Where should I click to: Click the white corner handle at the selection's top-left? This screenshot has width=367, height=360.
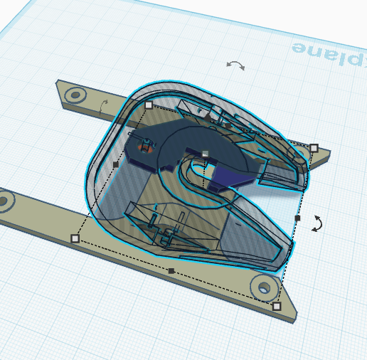click(148, 105)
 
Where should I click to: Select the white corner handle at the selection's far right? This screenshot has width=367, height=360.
click(314, 148)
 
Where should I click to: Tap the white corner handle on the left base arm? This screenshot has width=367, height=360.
click(75, 238)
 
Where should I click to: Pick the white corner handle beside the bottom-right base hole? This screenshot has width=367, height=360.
click(277, 307)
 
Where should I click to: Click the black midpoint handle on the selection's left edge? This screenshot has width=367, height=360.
click(116, 164)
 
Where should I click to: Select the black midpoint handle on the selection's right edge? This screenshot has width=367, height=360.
click(298, 218)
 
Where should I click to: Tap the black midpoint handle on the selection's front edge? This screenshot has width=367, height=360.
click(171, 271)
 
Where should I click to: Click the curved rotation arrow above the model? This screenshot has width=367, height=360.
click(235, 65)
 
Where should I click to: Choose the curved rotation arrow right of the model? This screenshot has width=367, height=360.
click(318, 223)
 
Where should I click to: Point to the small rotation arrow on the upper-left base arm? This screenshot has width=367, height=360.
click(104, 106)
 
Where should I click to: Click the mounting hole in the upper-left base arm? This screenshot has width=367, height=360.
click(75, 94)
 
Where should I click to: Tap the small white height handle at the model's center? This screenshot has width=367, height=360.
click(204, 153)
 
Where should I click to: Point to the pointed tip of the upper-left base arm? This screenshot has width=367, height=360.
click(58, 83)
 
